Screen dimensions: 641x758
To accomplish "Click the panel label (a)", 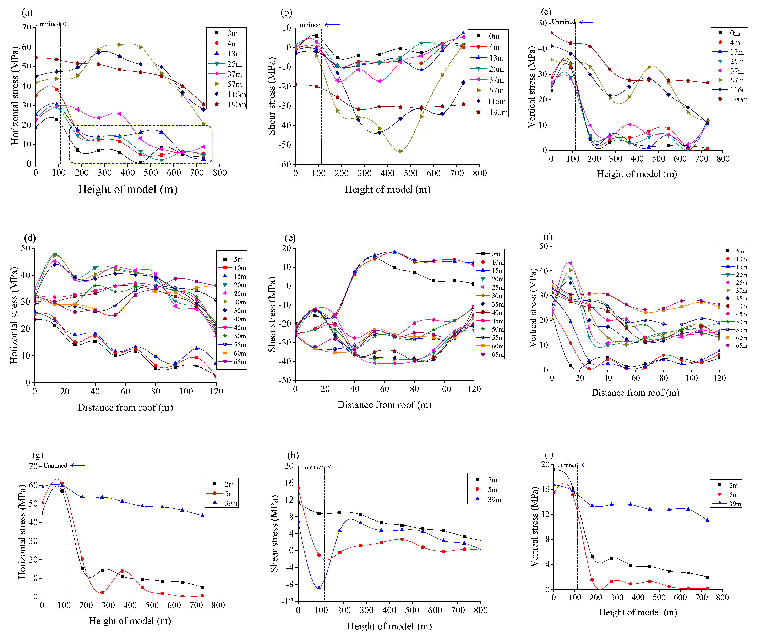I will (x=27, y=13).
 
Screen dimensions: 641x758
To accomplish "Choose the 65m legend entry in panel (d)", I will (x=231, y=362).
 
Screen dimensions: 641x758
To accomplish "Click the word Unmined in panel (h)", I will (x=312, y=467).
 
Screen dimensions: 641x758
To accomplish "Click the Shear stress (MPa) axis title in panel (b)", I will (x=271, y=96).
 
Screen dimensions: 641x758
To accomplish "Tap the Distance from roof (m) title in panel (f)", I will (x=636, y=393).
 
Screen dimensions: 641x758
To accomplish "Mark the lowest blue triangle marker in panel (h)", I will (x=319, y=587).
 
